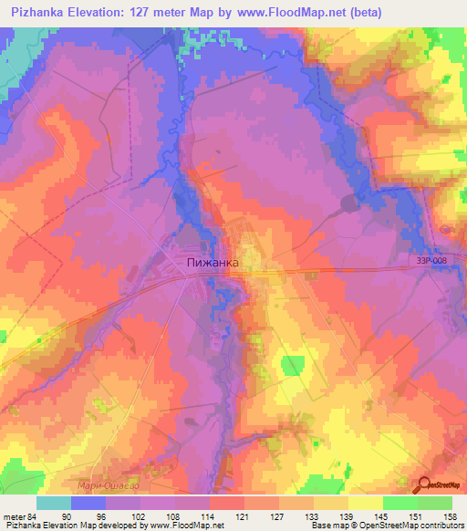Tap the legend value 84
click(x=35, y=516)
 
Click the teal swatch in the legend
click(x=53, y=503)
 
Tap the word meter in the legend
click(x=14, y=516)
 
